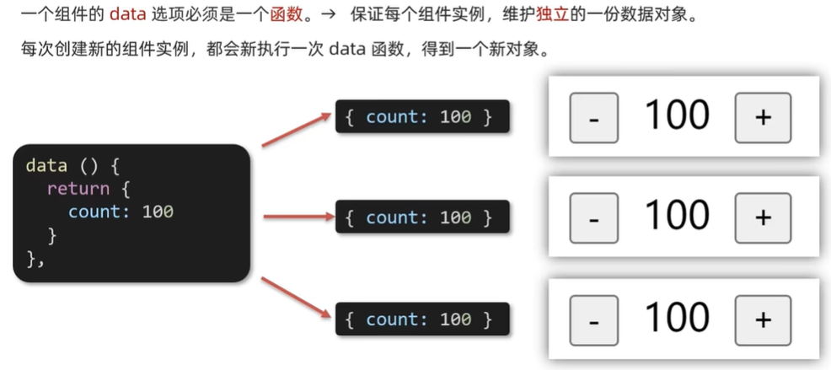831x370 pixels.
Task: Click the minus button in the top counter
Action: coord(594,117)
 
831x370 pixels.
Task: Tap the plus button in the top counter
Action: coord(763,117)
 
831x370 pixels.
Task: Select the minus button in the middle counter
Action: coord(594,217)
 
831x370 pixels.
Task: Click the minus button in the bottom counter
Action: coord(594,319)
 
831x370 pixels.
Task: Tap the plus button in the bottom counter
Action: coord(763,319)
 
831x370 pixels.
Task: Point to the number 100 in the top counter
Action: coord(677,115)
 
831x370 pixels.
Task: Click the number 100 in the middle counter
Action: coord(677,216)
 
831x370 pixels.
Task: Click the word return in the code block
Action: coord(78,188)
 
